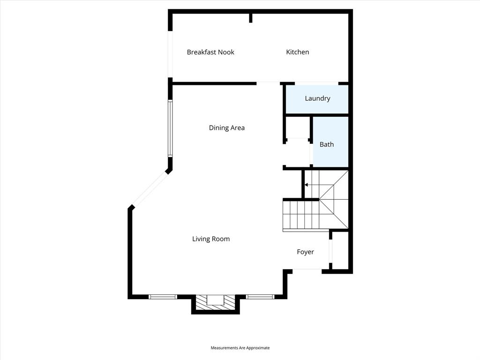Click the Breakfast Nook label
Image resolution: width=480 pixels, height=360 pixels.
210,52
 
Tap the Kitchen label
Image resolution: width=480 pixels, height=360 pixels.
298,52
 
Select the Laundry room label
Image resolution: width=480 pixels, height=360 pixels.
317,98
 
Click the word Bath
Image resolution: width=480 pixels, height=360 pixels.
327,144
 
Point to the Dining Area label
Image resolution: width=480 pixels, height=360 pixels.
227,127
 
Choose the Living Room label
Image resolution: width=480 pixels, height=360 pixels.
211,239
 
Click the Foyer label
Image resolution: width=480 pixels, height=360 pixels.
305,252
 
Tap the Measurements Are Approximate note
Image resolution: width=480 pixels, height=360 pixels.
240,348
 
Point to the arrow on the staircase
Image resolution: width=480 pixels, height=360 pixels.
307,185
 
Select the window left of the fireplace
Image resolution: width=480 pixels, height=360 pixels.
163,296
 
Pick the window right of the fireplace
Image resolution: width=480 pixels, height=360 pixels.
260,296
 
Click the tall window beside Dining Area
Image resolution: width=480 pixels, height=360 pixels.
171,128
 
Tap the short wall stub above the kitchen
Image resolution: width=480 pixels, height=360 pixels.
251,18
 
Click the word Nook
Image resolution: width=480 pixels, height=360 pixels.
225,52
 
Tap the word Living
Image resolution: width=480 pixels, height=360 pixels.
201,239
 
